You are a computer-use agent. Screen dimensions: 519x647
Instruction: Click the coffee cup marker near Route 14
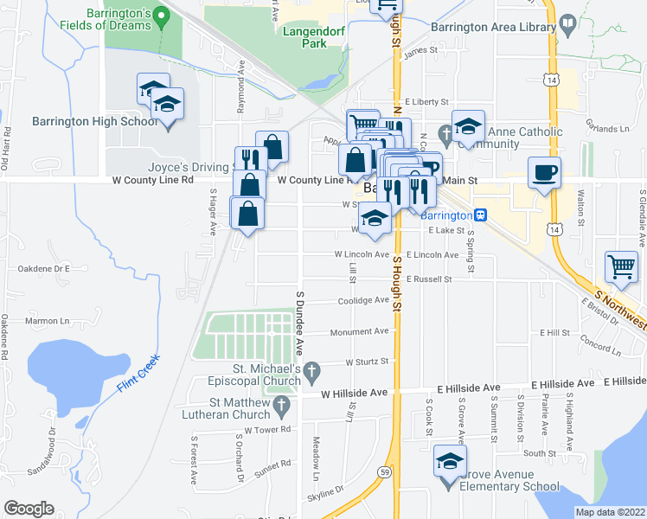click(x=543, y=172)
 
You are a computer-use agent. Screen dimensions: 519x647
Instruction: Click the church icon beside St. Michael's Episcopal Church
click(x=315, y=371)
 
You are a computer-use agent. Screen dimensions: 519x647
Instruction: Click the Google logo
click(x=29, y=509)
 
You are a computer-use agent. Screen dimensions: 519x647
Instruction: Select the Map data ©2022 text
click(x=610, y=512)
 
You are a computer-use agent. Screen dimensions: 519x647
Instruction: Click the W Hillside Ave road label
click(x=354, y=393)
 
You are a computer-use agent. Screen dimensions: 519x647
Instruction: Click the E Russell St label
click(x=427, y=279)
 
